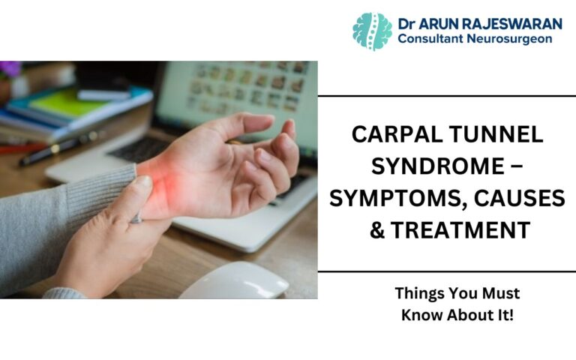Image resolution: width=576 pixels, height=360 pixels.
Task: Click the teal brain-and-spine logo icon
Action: pyautogui.click(x=373, y=31)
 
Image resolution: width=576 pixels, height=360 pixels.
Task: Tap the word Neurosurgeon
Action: pyautogui.click(x=518, y=39)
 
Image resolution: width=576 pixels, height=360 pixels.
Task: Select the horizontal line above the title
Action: pyautogui.click(x=447, y=96)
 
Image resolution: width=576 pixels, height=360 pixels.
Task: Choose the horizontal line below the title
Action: pyautogui.click(x=447, y=271)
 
